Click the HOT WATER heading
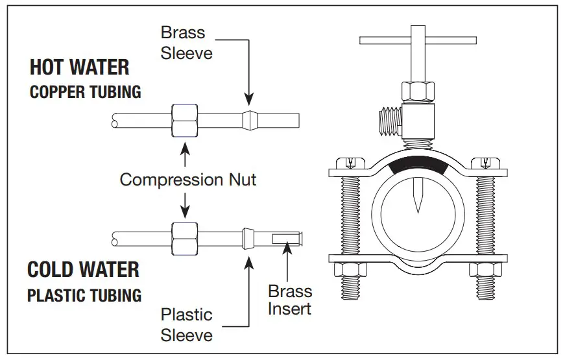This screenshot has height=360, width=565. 79,67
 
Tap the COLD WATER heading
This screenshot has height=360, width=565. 83,269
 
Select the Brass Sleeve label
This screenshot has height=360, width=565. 183,42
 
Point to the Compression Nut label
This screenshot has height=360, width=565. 188,179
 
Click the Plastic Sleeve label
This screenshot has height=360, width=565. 187,324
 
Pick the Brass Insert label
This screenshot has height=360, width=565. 290,300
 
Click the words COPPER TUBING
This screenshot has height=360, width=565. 86,91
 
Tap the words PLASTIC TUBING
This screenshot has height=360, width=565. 84,295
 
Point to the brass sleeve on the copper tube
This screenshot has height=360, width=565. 249,120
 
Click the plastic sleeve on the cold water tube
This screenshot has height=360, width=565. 247,238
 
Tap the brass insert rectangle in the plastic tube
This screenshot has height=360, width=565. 284,239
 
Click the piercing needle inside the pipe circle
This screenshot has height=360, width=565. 416,197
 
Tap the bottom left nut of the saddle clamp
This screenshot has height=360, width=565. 345,270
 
